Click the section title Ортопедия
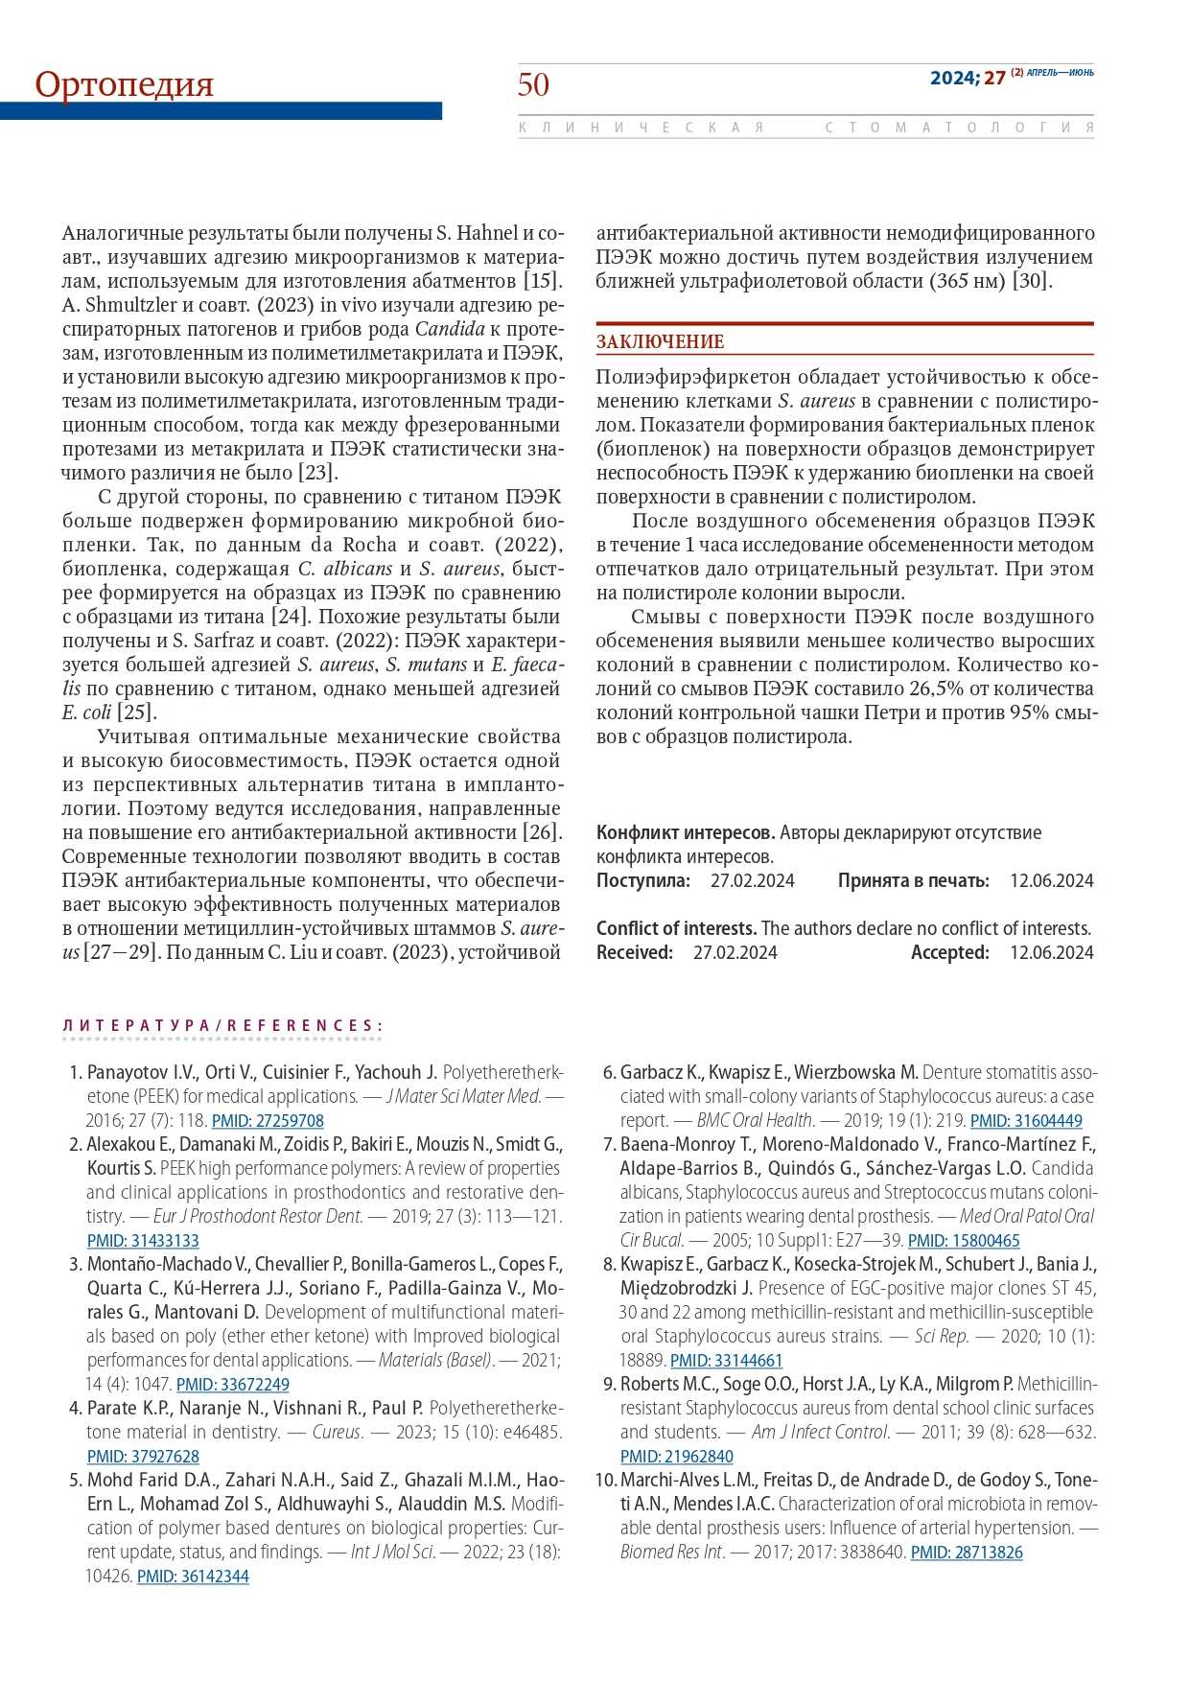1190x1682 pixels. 124,84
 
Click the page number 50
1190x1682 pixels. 533,84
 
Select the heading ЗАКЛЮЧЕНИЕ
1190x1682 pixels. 660,342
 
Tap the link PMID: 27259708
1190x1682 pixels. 268,1121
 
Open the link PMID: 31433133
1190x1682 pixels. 143,1241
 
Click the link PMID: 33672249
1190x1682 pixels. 233,1385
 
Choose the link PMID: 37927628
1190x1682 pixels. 143,1457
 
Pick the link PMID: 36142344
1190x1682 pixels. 193,1577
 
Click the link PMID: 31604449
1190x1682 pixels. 1026,1121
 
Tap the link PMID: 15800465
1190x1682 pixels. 964,1241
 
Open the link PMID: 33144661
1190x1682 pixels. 726,1361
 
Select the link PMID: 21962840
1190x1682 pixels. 676,1457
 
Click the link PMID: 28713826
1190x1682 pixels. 967,1553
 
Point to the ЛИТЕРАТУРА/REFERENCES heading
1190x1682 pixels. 222,1026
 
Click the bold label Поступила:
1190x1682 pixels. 642,881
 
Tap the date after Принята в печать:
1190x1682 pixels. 1051,881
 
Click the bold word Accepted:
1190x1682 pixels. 949,953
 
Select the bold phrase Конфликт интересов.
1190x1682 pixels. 685,833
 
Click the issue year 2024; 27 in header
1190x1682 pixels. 967,78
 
